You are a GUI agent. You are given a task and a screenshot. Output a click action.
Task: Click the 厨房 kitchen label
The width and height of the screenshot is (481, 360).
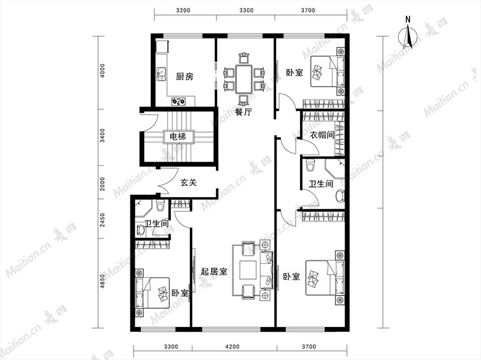tap(185, 76)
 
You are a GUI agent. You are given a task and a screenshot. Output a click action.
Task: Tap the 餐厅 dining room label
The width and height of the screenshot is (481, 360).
tap(244, 112)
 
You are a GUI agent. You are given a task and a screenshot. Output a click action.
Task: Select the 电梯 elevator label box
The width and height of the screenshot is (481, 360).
tap(178, 136)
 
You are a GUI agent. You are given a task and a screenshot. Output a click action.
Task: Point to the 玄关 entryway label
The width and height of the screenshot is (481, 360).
tap(188, 183)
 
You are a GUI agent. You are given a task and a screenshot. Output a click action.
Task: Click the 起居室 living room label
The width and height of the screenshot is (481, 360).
tap(214, 272)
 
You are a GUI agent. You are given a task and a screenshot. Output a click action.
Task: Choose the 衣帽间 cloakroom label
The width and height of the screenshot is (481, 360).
tap(322, 135)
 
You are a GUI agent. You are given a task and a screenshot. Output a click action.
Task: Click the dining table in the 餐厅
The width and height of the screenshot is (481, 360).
tap(244, 79)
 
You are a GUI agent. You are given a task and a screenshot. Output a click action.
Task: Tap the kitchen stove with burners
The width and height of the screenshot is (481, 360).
tap(179, 101)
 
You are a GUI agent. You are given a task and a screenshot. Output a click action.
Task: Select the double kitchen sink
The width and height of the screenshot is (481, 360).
tap(161, 74)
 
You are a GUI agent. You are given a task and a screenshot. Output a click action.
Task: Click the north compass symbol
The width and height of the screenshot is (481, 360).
tap(408, 37)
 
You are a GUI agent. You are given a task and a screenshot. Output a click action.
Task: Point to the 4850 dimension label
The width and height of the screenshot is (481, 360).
tap(102, 281)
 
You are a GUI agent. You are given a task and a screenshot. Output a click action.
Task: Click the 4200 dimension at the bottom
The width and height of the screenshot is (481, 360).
tap(232, 347)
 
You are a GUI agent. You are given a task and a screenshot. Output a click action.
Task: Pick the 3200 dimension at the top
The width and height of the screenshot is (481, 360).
tap(183, 10)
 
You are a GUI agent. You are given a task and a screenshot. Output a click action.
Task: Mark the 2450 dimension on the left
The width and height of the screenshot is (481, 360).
tap(102, 220)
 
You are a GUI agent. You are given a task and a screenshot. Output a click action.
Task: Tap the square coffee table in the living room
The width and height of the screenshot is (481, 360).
tap(248, 270)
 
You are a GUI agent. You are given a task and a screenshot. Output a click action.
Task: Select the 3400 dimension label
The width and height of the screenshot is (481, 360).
tap(102, 136)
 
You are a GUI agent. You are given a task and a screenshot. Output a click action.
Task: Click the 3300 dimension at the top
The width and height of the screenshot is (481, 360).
tap(247, 10)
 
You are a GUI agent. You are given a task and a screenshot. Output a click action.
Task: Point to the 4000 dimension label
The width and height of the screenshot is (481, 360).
tap(102, 71)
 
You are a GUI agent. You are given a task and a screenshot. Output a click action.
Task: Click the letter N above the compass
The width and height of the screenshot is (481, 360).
tap(408, 20)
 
